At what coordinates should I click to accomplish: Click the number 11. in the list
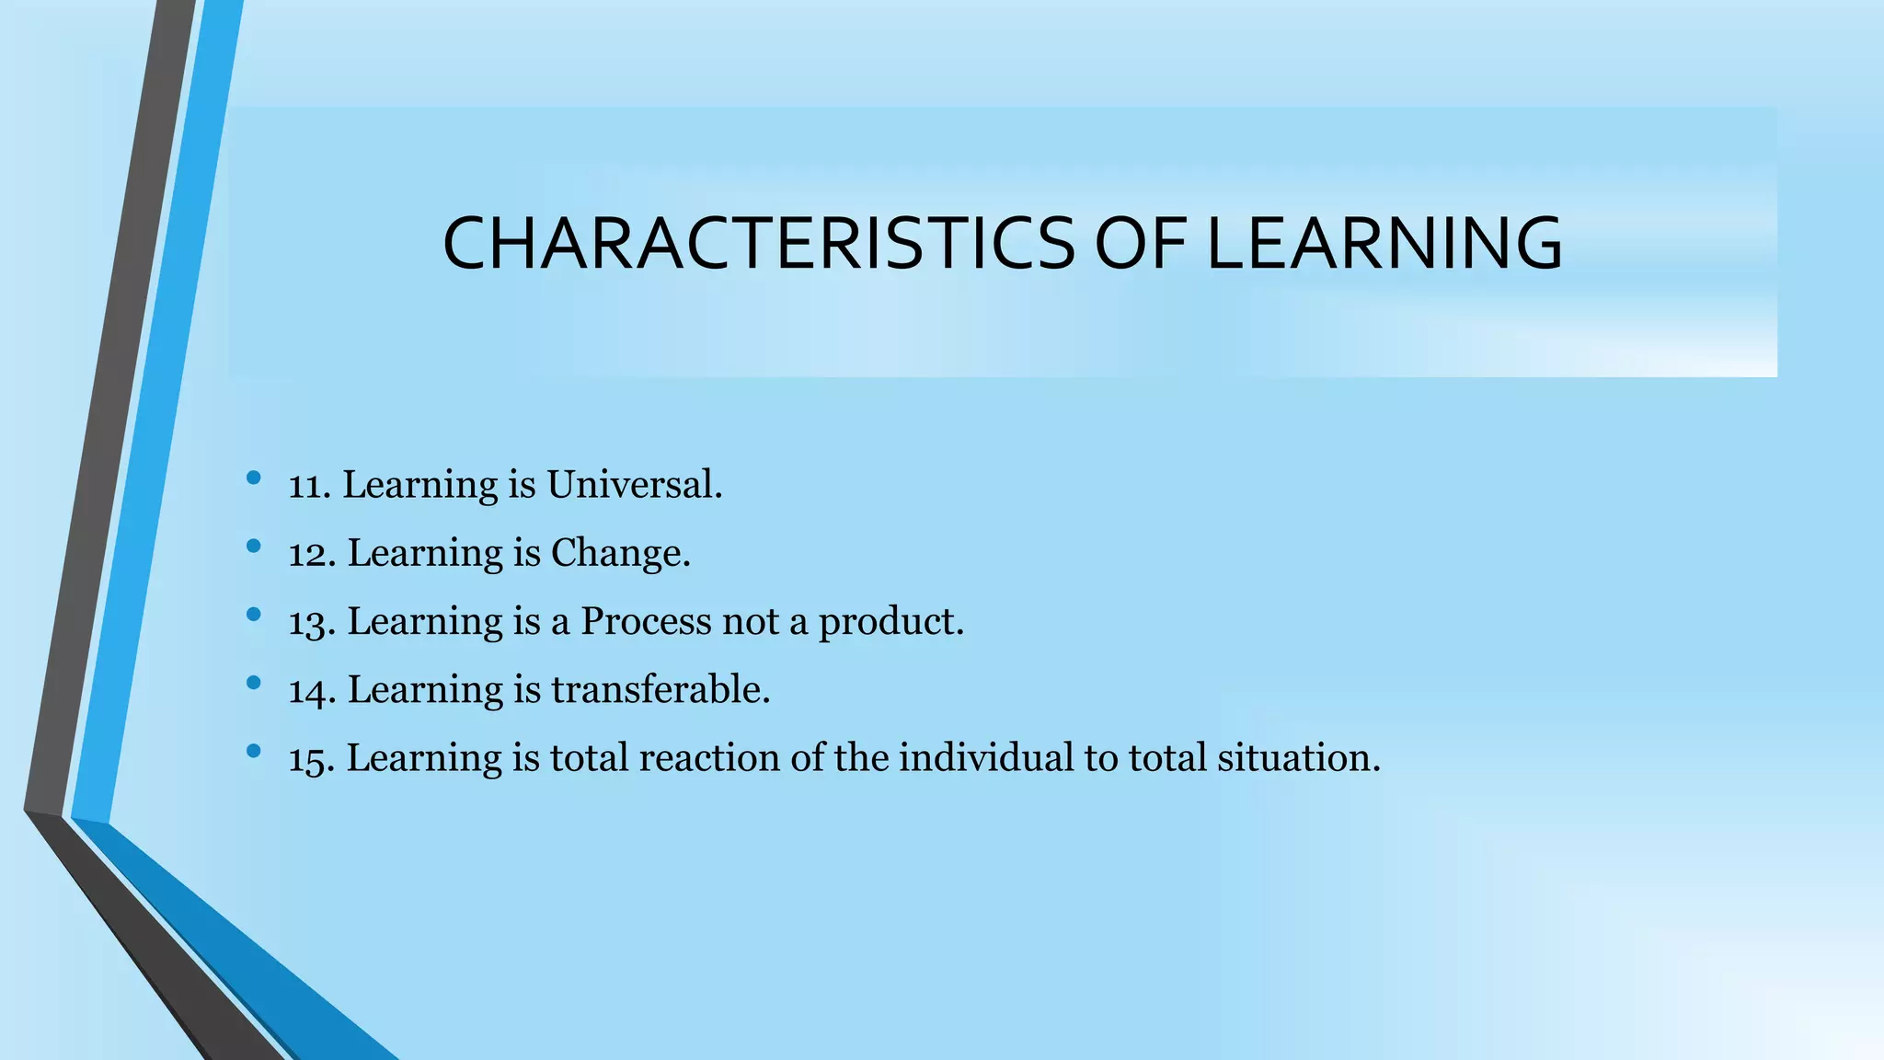click(309, 486)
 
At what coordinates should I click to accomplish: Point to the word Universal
click(635, 485)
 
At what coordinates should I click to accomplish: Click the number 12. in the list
click(311, 554)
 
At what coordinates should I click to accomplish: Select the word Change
click(620, 554)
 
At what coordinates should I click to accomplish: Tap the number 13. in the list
click(311, 622)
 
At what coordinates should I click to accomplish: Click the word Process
click(646, 622)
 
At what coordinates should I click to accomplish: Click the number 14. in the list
click(311, 690)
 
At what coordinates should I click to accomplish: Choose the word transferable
click(661, 689)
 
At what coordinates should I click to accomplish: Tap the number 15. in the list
click(311, 758)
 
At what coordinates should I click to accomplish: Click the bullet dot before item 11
click(254, 478)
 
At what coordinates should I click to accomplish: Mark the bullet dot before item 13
click(254, 614)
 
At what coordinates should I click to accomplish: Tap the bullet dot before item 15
click(254, 751)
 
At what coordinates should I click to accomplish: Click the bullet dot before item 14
click(254, 683)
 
